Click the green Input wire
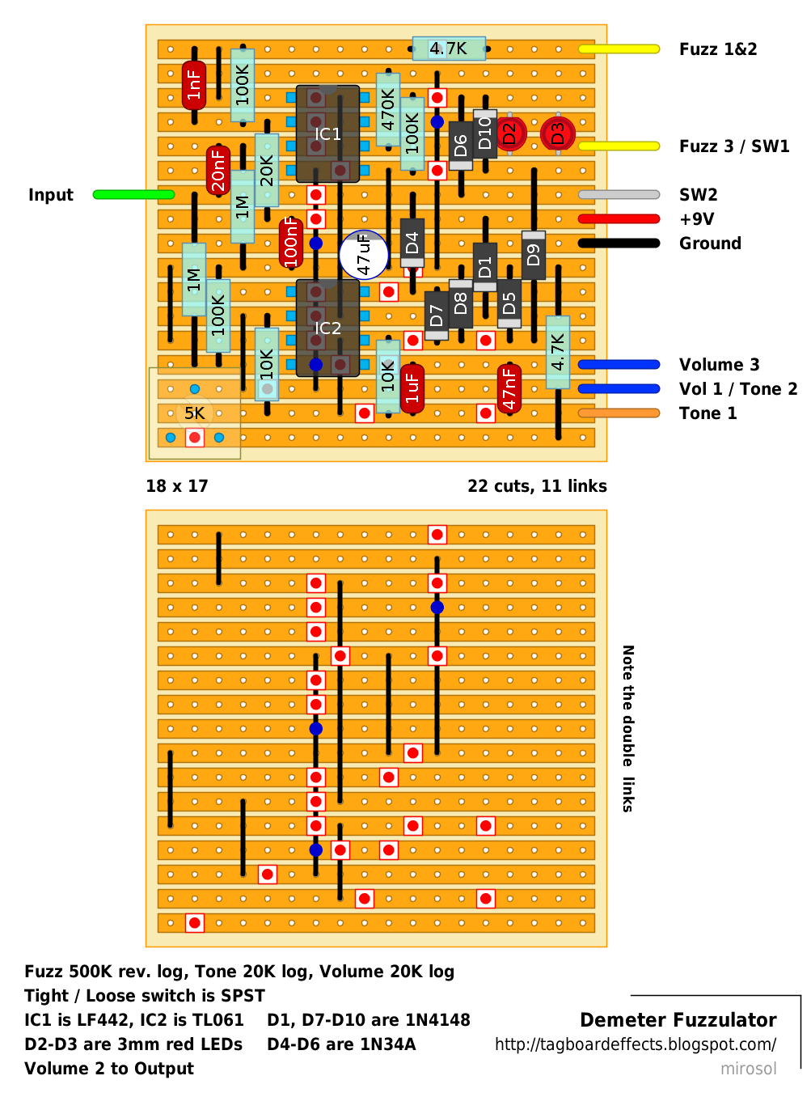coord(133,193)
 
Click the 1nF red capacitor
coord(193,85)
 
